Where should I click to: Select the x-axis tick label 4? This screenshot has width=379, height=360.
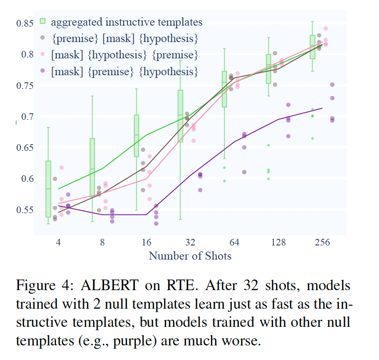tap(58, 243)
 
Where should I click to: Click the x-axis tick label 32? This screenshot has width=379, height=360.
tap(190, 243)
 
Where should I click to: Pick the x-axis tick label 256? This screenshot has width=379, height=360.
tap(323, 243)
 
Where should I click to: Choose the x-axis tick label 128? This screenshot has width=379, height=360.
tap(279, 243)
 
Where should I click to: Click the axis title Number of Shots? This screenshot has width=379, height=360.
tap(190, 256)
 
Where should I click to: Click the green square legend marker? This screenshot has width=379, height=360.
tap(43, 22)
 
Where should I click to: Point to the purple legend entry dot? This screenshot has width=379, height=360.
tap(43, 71)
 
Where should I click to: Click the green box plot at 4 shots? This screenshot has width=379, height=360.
tap(49, 189)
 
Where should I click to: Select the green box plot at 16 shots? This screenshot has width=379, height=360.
tap(136, 136)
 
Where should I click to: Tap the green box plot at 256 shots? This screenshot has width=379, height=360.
tap(313, 47)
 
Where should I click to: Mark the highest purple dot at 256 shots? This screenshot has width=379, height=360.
tap(333, 84)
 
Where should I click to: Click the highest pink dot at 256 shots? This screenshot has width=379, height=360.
tap(326, 29)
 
